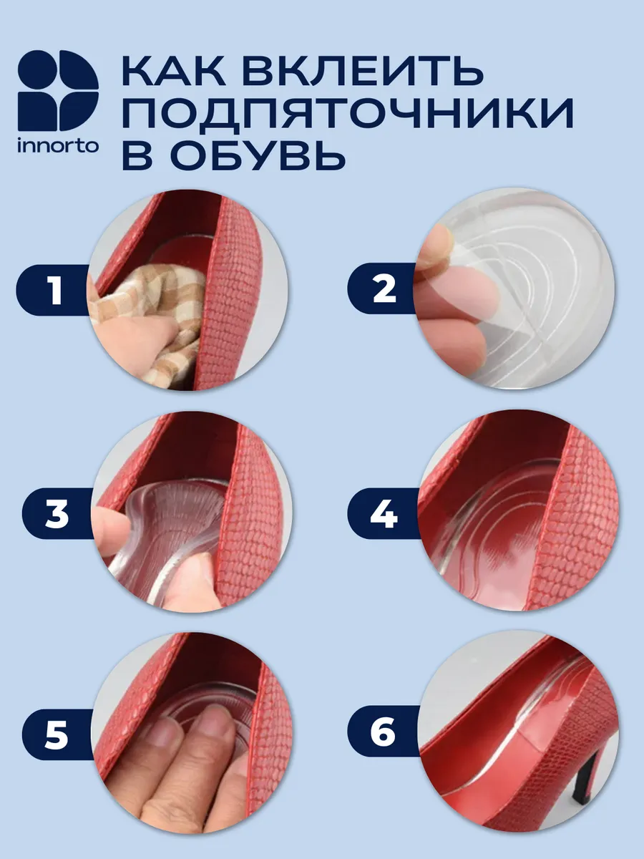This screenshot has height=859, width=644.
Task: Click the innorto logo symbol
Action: click(58, 90)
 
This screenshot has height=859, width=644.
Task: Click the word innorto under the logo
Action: click(58, 146)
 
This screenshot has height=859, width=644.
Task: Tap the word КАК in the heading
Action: click(174, 71)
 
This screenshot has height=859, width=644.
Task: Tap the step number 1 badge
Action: click(53, 290)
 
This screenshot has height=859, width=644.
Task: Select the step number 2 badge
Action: click(382, 288)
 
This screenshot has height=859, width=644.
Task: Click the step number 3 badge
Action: click(59, 513)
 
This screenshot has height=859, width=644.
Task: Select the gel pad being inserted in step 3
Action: click(168, 536)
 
